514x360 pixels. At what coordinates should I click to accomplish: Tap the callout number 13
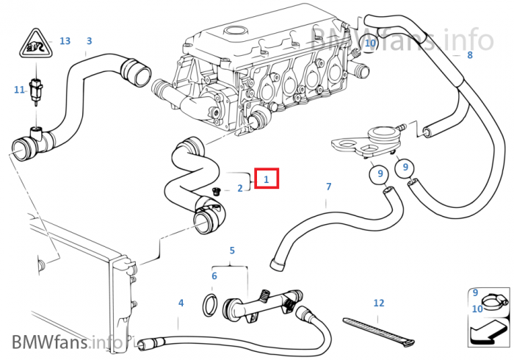pos(65,41)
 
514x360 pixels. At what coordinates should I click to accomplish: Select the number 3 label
pos(89,41)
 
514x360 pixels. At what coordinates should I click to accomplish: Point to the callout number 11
pos(20,90)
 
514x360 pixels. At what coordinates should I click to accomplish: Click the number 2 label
pos(239,189)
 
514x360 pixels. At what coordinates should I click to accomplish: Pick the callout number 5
pos(232,251)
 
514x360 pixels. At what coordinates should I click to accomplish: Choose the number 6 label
pos(214,276)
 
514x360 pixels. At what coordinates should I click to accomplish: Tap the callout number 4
pos(181,303)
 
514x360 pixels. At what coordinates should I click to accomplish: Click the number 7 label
pos(328,187)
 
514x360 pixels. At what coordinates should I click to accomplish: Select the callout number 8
pos(470,54)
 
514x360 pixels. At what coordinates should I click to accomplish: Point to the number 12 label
pos(379,303)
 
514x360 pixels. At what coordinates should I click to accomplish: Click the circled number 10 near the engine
pos(370,44)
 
